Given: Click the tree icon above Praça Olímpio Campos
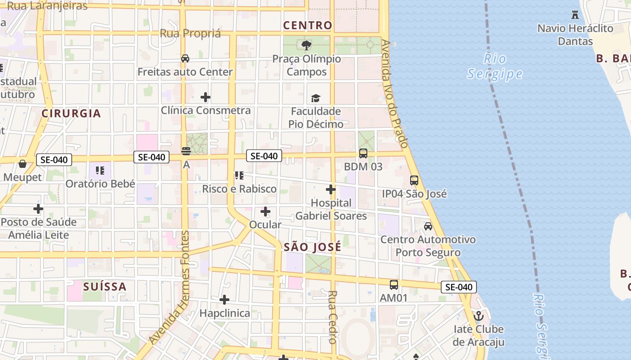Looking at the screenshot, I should [306, 45].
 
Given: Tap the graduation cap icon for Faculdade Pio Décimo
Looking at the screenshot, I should [315, 98].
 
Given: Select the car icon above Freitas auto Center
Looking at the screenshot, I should [185, 58].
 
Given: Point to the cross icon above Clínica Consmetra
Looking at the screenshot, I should [206, 97].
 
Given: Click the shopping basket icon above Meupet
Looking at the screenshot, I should [22, 164].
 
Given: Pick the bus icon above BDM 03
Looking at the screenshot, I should [363, 153].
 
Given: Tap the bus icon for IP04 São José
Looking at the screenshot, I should [414, 180].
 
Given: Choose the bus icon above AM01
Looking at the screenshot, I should [393, 284].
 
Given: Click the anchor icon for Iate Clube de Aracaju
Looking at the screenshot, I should [478, 315].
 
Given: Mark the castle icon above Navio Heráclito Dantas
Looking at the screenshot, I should [575, 15].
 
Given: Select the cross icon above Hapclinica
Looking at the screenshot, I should [224, 300].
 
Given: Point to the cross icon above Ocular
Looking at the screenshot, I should [265, 211].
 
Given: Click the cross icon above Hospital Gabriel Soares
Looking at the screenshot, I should [330, 189].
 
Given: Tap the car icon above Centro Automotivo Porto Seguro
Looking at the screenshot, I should [428, 226].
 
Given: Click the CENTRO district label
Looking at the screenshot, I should [308, 26].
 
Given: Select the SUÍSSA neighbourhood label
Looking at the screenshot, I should [105, 286].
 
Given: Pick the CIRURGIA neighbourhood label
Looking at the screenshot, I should [71, 113].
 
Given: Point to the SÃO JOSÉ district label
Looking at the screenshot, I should [312, 247].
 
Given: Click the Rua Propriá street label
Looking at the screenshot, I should [191, 34].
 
